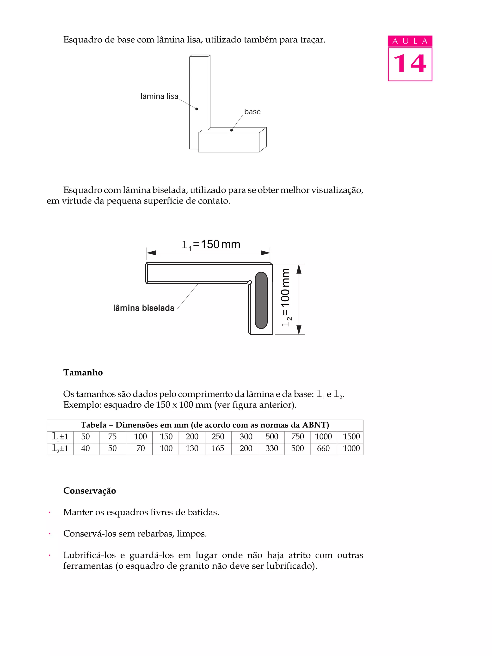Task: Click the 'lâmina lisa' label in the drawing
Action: click(x=159, y=96)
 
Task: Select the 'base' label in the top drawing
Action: click(x=252, y=112)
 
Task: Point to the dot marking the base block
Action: click(x=231, y=130)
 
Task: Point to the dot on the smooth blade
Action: click(x=197, y=109)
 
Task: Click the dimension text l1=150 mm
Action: click(x=211, y=245)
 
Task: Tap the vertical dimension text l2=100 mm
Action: click(x=286, y=297)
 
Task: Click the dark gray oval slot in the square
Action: click(x=261, y=300)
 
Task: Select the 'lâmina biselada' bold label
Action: click(x=144, y=308)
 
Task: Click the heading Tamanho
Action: click(x=83, y=373)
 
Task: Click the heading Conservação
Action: click(x=90, y=491)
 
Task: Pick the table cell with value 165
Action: click(x=218, y=448)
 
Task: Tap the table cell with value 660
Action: click(x=323, y=448)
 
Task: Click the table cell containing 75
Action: click(x=112, y=437)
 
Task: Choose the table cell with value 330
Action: click(x=271, y=448)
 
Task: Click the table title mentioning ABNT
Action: click(x=205, y=425)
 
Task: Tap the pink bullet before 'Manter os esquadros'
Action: click(x=49, y=512)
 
